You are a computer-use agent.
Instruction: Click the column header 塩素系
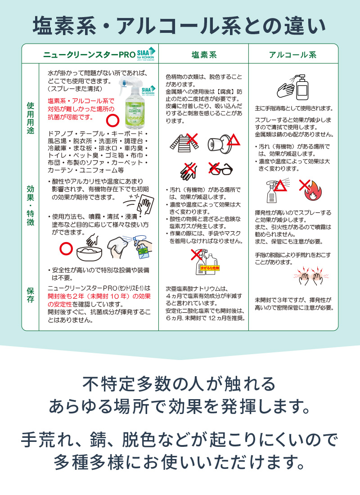(204, 55)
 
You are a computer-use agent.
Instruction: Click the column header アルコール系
(292, 55)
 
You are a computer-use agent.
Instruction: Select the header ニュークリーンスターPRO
(89, 55)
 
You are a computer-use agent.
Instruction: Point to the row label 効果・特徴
(31, 205)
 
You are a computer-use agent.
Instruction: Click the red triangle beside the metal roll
(233, 142)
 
